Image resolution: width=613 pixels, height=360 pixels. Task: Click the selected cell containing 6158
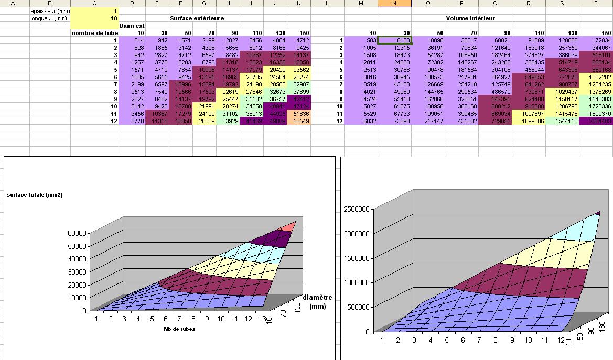coord(395,40)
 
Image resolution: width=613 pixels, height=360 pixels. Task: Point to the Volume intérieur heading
coord(470,18)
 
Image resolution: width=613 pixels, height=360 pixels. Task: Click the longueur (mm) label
coord(47,18)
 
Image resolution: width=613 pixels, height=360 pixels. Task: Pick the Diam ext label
coord(132,25)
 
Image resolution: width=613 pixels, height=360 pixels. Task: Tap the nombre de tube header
coord(94,32)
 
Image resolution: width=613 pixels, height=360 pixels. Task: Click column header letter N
coord(394,3)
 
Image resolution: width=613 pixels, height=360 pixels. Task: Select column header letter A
coord(14,3)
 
